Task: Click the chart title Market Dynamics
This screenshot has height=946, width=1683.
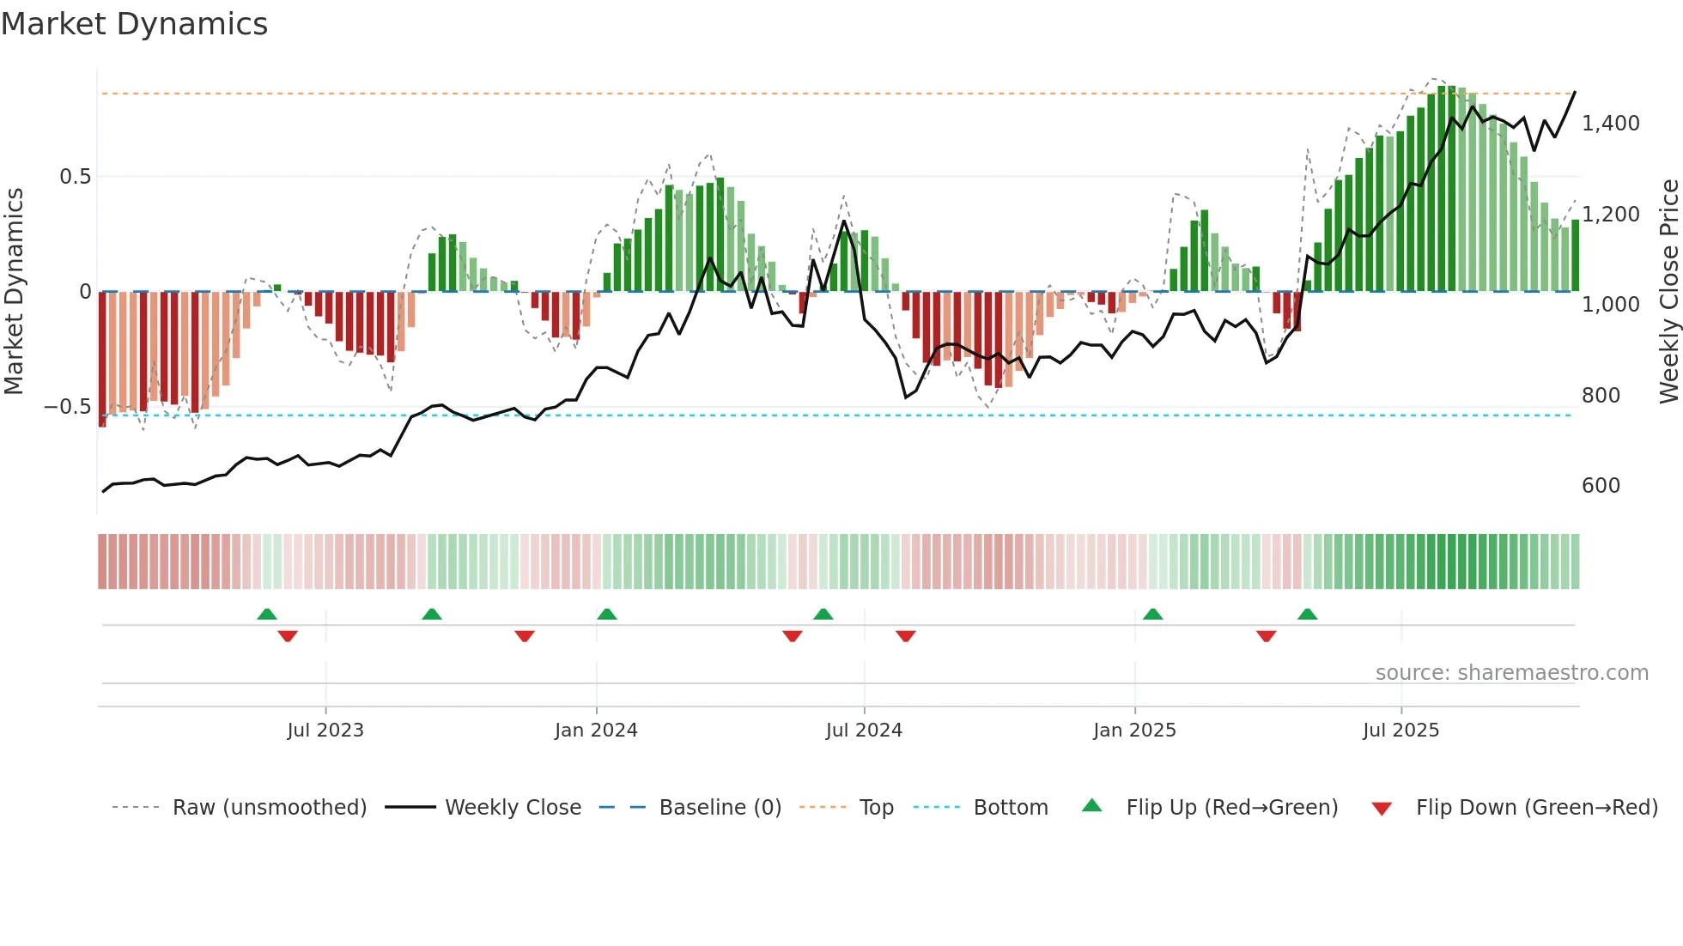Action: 134,24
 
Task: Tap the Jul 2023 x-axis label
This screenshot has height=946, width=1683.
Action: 325,731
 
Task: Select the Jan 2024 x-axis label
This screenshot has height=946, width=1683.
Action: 596,731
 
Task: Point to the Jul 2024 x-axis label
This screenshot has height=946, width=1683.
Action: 864,731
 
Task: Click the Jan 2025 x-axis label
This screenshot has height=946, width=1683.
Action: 1134,731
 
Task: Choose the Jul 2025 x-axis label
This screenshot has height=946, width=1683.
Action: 1400,731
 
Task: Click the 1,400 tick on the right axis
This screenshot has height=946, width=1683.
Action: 1610,124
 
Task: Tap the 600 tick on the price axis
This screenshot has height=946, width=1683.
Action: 1601,486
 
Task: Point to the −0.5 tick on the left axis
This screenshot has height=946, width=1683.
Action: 67,407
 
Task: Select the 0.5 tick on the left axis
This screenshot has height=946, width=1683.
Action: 75,177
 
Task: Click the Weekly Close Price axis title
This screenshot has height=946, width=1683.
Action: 1668,291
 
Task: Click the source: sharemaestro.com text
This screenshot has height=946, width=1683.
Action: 1511,673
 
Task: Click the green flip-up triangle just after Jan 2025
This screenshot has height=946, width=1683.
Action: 1152,615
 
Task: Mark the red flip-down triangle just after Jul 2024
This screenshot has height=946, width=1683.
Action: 905,635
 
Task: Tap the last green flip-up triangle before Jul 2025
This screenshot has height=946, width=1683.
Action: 1307,615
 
